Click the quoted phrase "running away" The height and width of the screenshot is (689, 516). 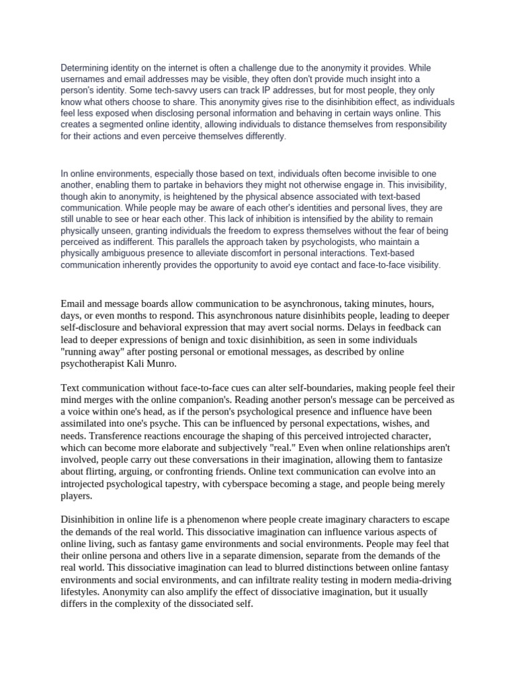[x=95, y=351]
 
